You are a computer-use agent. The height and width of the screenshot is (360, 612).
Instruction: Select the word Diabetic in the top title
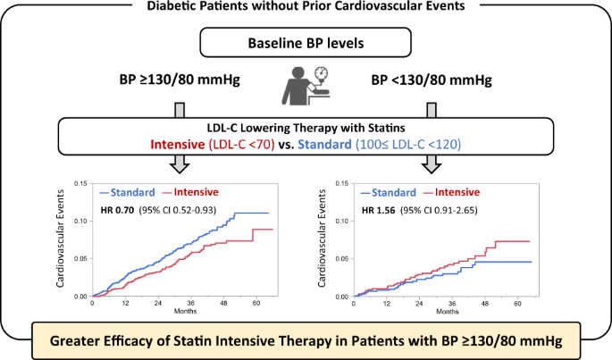click(x=163, y=7)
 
